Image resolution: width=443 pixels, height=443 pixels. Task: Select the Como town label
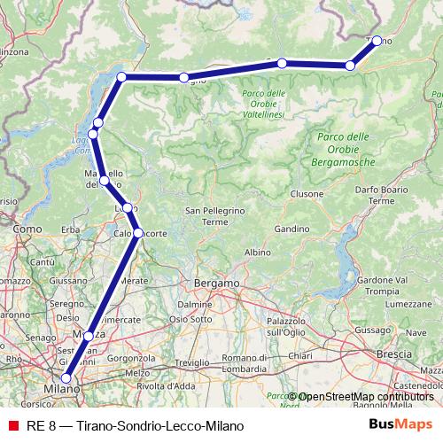(28, 229)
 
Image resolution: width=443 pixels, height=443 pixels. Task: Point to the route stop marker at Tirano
(377, 40)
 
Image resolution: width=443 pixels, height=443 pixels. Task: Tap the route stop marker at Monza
(89, 336)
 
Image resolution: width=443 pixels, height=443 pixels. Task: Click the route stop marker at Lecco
(128, 207)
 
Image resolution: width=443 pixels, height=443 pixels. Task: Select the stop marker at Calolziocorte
(137, 233)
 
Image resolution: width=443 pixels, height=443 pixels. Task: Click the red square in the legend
(12, 426)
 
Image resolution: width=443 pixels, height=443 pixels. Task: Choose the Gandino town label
(290, 229)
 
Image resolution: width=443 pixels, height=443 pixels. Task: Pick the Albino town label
(257, 253)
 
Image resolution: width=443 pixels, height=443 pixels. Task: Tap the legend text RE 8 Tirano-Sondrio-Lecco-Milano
(134, 426)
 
